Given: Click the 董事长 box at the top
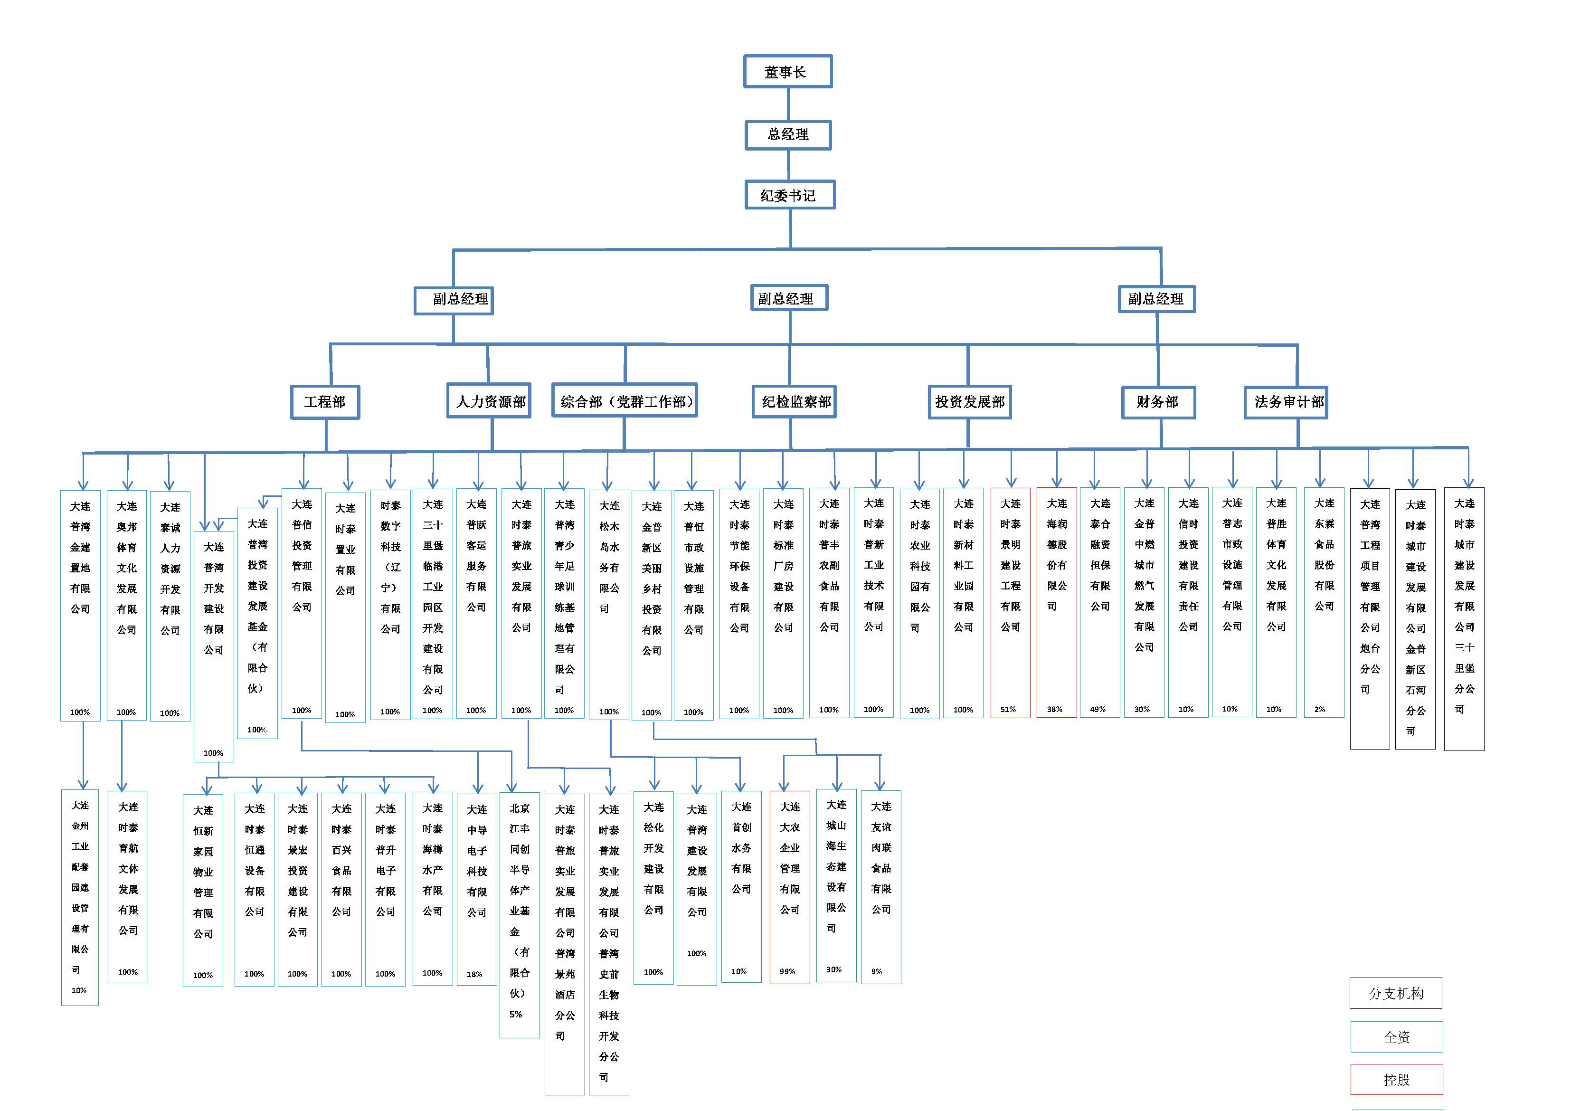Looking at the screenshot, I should (x=787, y=72).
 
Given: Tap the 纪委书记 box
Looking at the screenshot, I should (x=789, y=196).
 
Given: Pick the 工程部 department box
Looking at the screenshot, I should (x=325, y=402).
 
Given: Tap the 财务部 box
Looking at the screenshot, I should (x=1158, y=402).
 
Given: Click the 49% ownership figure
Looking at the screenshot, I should (x=1098, y=709).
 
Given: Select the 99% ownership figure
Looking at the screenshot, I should (x=787, y=971).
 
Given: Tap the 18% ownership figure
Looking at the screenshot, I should (x=474, y=974).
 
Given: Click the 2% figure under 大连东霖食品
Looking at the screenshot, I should (x=1319, y=709).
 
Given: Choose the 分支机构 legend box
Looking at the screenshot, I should (x=1396, y=993).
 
